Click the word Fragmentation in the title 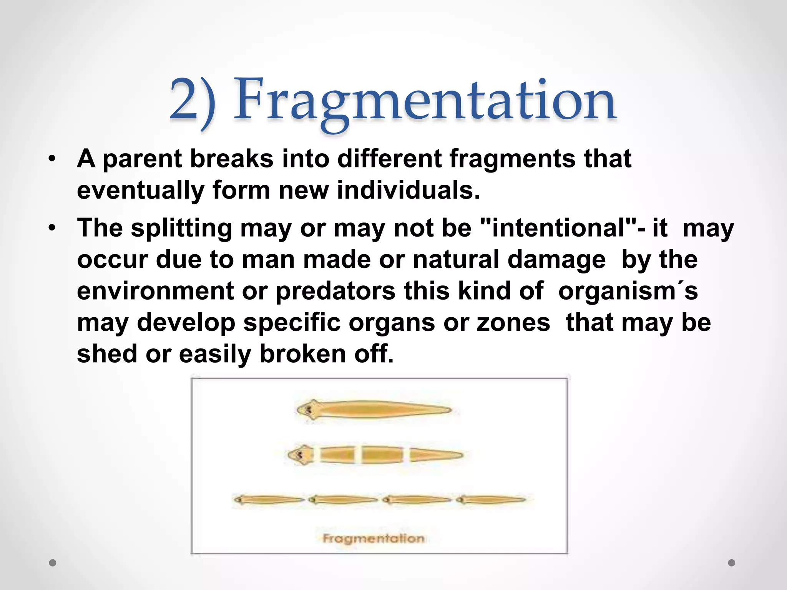[425, 101]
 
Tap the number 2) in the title [192, 101]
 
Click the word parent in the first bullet [142, 159]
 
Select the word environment [155, 291]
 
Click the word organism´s [628, 291]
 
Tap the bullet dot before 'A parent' [52, 159]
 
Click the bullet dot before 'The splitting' [52, 228]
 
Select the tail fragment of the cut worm [435, 456]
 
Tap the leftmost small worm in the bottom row [268, 500]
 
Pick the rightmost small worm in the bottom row [491, 500]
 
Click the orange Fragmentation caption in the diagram [373, 539]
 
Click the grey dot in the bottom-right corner [731, 563]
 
